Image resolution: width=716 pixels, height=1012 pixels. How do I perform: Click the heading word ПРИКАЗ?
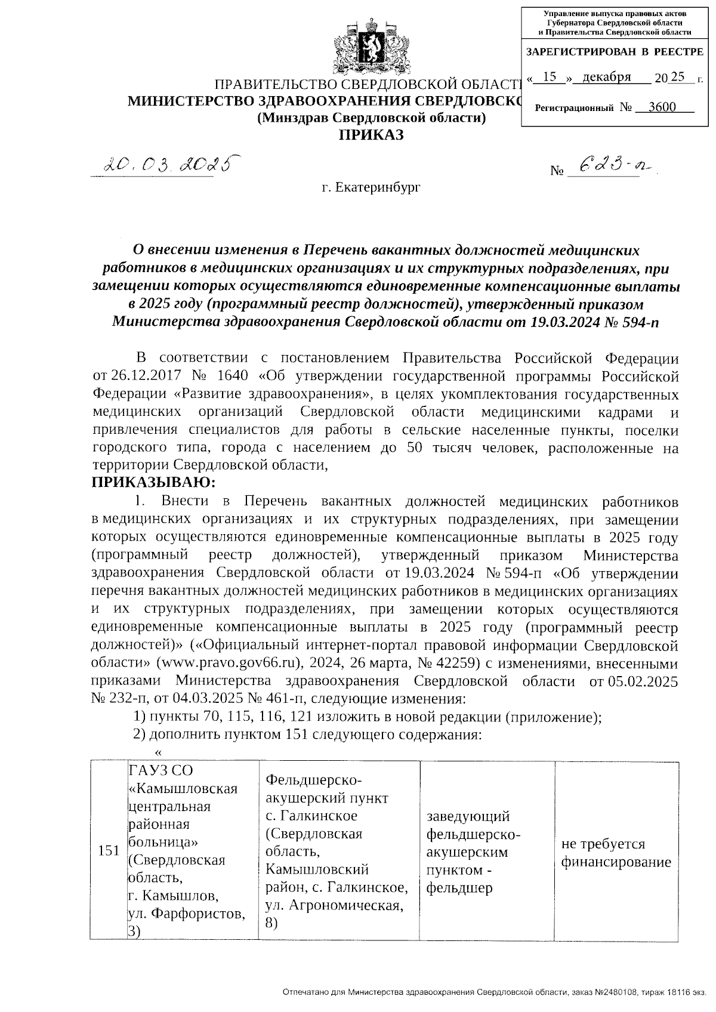tap(371, 135)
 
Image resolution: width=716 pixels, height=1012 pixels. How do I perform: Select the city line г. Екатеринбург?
tap(371, 188)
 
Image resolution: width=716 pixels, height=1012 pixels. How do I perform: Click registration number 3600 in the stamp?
tap(662, 107)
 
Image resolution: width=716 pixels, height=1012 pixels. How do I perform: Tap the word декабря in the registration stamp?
tap(607, 78)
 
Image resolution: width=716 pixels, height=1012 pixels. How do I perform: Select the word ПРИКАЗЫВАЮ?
tap(153, 482)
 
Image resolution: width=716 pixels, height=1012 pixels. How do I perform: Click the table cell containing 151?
tap(109, 850)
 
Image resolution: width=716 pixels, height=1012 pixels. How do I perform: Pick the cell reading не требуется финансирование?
tap(616, 853)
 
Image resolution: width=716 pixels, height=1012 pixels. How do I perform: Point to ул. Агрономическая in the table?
tap(332, 905)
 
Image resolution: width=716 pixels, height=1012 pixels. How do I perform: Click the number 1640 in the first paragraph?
tap(235, 377)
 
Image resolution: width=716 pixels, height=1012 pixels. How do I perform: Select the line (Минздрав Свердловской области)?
tap(371, 118)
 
